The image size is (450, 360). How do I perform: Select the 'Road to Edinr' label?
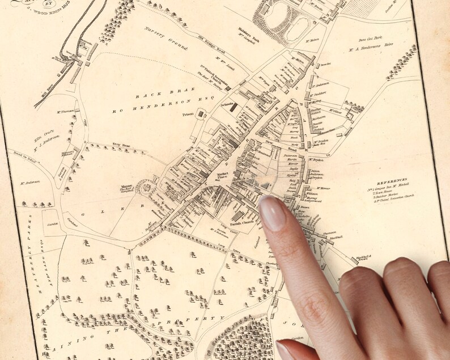coord(22,157)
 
